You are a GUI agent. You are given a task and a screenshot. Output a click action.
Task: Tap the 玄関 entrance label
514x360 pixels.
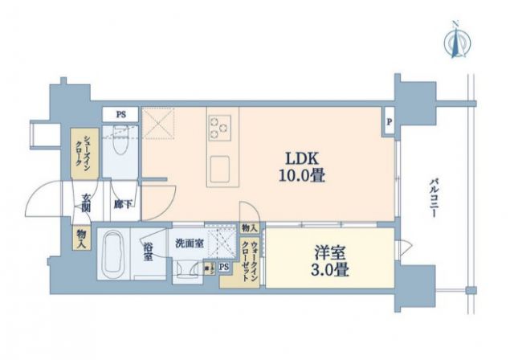(x=85, y=204)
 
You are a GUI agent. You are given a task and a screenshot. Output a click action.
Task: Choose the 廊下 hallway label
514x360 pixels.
(x=121, y=205)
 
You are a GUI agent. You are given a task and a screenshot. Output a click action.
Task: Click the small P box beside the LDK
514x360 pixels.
(x=389, y=122)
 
